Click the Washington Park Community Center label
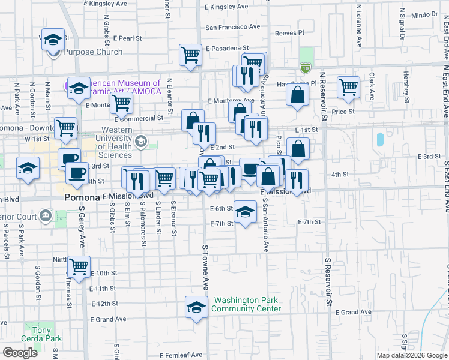[247, 305]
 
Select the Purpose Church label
[93, 52]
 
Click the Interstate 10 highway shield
[306, 69]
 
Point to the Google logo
[20, 353]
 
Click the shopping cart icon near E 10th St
[79, 266]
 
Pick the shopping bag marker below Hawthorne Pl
[297, 94]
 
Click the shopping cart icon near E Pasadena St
[190, 55]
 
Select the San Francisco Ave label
[233, 27]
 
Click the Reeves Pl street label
[289, 33]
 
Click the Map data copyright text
[411, 355]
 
